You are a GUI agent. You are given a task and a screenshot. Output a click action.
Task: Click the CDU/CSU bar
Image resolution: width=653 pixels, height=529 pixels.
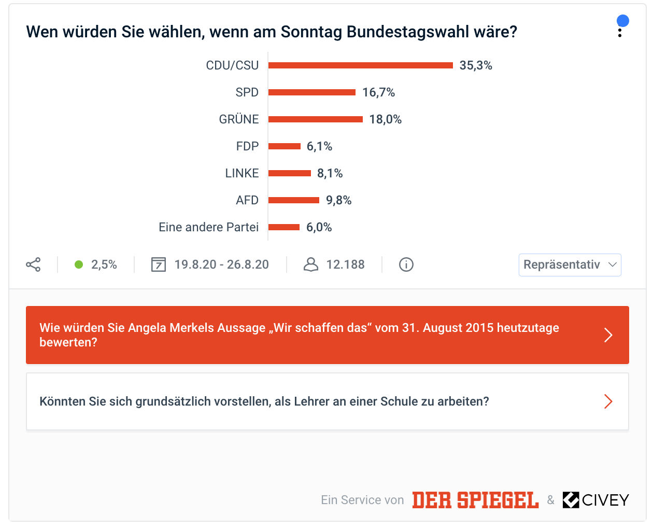360,65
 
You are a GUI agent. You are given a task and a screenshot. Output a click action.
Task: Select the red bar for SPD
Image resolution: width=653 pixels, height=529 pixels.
312,92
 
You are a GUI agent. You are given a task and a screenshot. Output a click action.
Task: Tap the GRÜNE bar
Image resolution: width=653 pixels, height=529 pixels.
315,119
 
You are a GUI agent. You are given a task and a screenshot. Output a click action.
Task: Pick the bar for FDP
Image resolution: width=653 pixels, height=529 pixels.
284,146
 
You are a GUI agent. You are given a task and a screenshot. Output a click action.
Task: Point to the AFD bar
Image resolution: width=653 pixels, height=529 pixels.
293,200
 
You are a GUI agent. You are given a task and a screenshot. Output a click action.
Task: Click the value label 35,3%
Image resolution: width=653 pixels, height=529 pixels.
476,65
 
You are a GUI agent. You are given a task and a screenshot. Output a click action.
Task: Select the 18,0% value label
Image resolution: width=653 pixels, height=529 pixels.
386,119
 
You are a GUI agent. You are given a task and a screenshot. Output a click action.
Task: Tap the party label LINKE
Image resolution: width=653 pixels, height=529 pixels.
242,173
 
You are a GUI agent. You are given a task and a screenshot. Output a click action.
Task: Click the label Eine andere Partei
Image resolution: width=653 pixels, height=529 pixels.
208,227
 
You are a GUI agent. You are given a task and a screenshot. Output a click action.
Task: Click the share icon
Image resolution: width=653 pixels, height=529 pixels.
33,264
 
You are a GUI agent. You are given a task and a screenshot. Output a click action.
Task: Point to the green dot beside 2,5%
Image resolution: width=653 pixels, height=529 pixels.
79,264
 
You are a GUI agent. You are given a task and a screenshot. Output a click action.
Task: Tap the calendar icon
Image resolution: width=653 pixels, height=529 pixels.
158,264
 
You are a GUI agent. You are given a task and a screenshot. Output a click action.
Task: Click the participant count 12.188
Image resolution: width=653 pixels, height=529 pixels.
345,264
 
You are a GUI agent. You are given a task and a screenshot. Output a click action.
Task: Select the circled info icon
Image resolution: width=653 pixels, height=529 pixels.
406,264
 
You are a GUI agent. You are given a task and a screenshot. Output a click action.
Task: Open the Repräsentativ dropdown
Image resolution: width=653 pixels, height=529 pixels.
570,264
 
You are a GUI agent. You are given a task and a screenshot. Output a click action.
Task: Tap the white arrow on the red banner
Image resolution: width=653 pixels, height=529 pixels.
608,335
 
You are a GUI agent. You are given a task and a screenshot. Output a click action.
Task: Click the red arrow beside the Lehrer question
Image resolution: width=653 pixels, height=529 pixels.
608,401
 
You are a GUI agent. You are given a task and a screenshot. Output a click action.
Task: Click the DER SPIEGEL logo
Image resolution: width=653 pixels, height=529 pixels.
475,500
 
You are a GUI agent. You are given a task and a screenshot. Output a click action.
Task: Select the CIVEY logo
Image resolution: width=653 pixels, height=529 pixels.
595,500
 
